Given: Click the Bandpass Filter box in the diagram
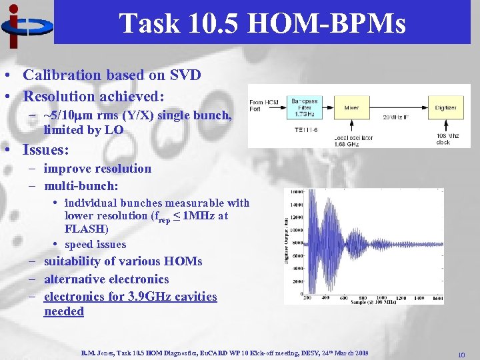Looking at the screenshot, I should (305, 107).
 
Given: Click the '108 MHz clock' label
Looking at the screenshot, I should (443, 139).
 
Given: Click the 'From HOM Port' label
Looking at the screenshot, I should (264, 104).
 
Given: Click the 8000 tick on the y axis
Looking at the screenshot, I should (295, 243).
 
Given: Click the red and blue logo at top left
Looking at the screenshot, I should (25, 25).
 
